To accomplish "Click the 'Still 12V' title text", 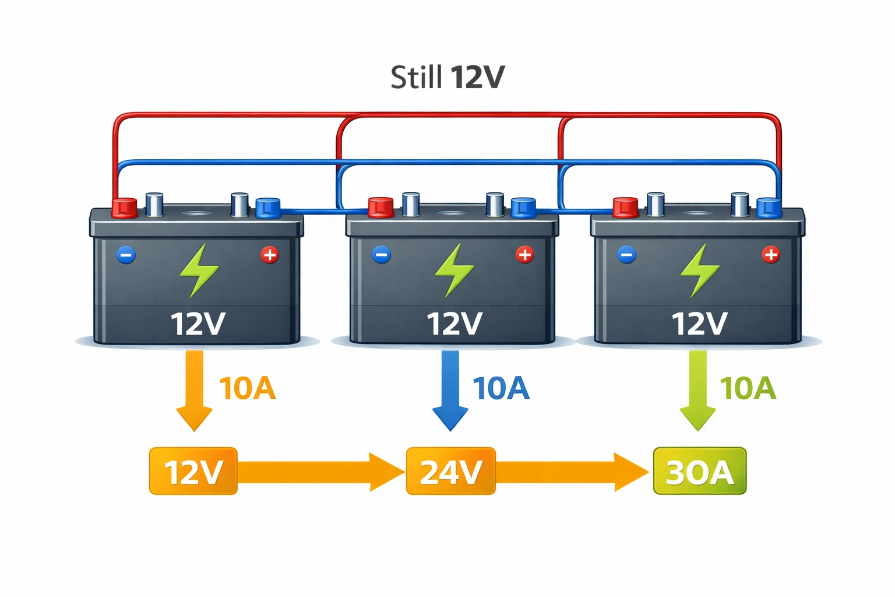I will coord(447,78).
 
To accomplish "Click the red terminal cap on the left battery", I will coord(124,208).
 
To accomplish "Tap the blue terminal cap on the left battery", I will coord(268,208).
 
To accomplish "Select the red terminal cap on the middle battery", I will coord(381,207).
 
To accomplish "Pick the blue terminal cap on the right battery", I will coord(769,207).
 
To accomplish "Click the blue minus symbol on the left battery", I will coord(126,255).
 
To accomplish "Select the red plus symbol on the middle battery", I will coord(524,254).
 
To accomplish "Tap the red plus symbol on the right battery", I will coord(770,254).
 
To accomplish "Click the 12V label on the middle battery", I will coord(454,324).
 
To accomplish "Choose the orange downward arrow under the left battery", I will coord(194,391).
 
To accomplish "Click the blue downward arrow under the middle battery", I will coord(450,391).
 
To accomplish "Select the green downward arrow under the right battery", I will coord(698,391).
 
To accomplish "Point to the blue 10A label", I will coord(501,389).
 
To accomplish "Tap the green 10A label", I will coord(748,389).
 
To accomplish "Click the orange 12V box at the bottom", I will coord(193,471).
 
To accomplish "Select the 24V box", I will coord(450,471).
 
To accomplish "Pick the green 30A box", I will coord(699,471).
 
